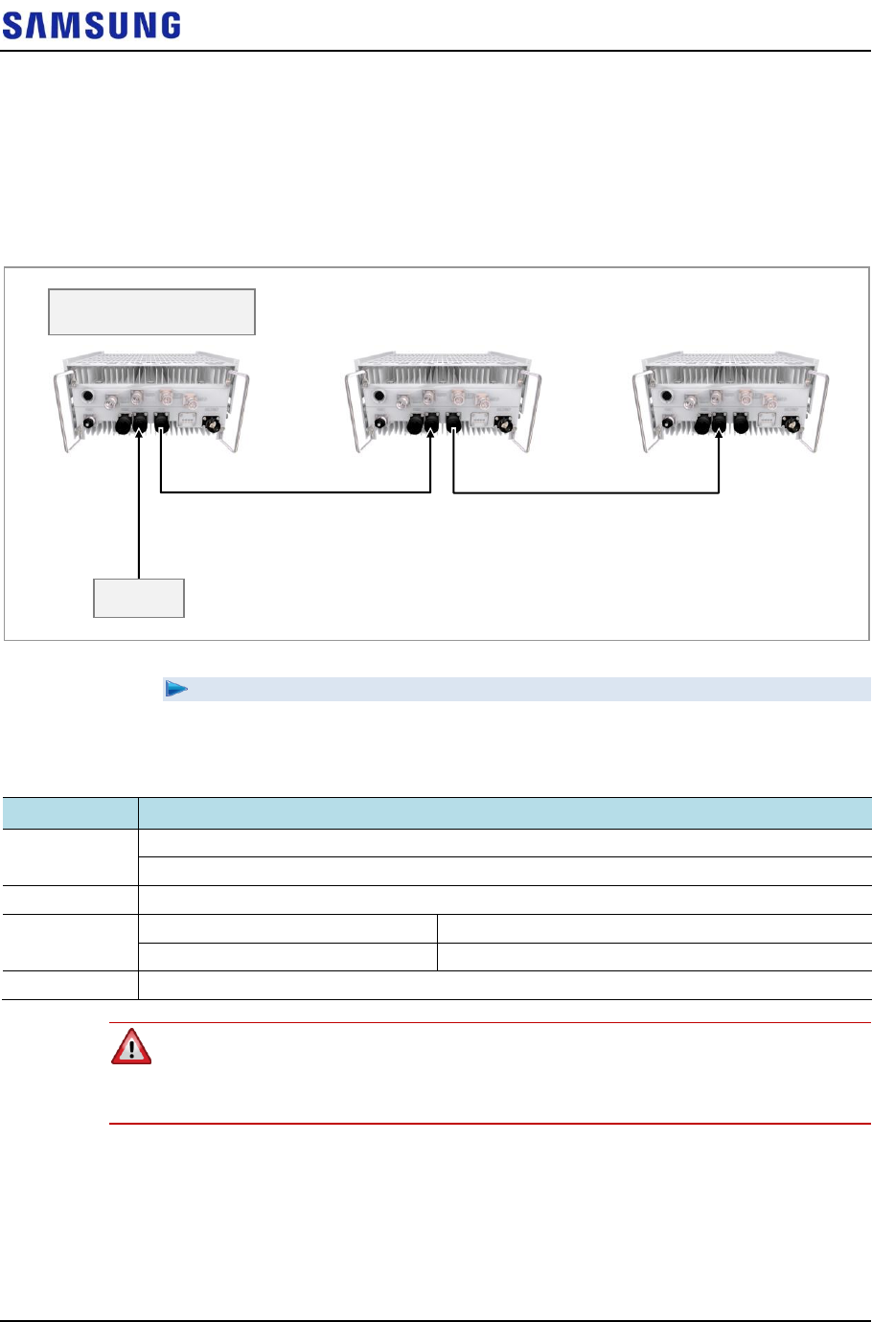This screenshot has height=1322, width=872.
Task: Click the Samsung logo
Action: point(91,25)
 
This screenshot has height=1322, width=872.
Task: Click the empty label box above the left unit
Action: point(151,311)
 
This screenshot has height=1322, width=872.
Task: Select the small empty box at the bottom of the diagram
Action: point(139,598)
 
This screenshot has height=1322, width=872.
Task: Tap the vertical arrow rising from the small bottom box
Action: point(139,508)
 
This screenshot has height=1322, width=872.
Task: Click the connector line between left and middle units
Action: point(295,492)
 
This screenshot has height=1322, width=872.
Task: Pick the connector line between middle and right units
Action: point(585,492)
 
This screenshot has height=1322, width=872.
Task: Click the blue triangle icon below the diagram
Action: point(176,689)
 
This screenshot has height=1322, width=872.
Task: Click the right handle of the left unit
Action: point(240,412)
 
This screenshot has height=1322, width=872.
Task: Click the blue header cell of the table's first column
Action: point(69,812)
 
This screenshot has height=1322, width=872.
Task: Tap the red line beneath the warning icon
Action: point(490,1123)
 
